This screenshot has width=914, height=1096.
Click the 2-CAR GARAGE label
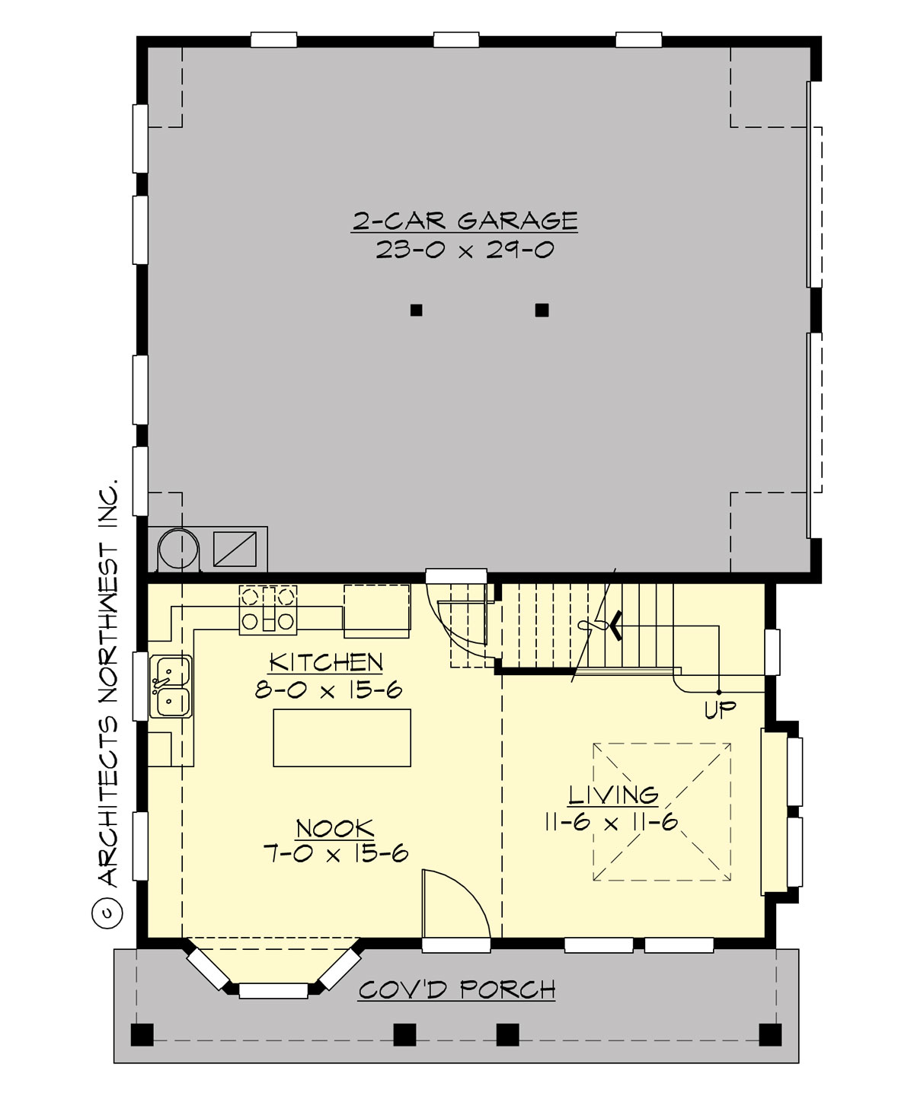click(465, 221)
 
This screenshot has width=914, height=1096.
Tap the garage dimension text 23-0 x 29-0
click(465, 250)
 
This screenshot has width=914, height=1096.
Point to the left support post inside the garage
click(416, 310)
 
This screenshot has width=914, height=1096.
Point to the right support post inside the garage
click(542, 310)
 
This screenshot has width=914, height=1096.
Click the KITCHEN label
click(326, 662)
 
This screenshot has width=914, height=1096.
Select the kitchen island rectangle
click(342, 737)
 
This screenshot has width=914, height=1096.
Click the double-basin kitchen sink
click(169, 686)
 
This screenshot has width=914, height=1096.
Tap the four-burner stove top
click(267, 609)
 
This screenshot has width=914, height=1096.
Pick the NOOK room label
click(334, 828)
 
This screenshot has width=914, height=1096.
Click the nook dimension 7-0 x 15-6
click(335, 854)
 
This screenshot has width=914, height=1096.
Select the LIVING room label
click(613, 795)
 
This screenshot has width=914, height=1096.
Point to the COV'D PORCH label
click(457, 990)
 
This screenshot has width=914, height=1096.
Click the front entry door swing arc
click(457, 902)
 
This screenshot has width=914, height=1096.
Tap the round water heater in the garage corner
click(177, 547)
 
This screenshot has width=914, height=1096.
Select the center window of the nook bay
click(273, 990)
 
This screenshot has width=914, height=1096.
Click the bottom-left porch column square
click(142, 1034)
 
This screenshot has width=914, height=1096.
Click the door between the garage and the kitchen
click(455, 576)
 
